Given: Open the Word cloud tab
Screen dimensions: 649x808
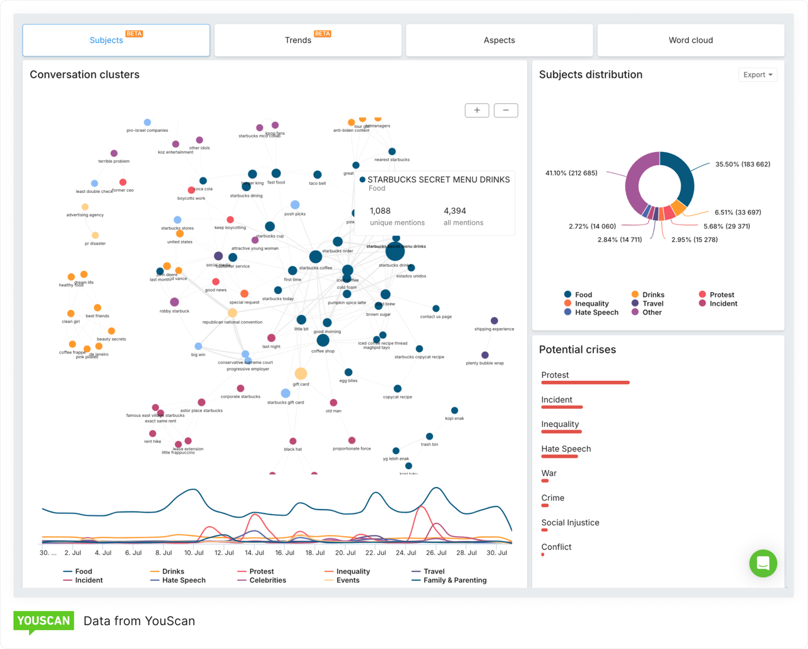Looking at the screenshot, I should click(691, 40).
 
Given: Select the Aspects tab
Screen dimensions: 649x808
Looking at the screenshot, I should click(499, 40).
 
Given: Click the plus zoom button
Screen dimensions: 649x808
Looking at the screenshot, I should click(477, 110).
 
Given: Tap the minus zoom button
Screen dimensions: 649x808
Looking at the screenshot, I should click(506, 110).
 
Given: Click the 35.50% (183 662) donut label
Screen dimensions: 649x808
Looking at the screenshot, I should click(742, 164).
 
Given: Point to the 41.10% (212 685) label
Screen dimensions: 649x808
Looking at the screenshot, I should click(571, 173).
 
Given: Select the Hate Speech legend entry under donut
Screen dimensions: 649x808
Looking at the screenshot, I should click(596, 312).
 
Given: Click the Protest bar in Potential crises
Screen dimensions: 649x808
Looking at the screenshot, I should click(585, 382).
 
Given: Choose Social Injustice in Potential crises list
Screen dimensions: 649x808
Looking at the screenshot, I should click(570, 522).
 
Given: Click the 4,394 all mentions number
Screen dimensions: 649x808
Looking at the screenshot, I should click(454, 211).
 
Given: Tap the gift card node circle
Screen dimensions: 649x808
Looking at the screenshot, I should click(301, 374).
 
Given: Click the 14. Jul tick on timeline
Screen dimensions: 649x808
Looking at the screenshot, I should click(254, 553).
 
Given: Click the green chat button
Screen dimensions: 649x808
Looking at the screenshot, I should click(763, 563).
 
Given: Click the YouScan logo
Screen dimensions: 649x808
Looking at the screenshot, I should click(44, 621).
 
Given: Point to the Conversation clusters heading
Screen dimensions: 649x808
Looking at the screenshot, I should click(85, 74).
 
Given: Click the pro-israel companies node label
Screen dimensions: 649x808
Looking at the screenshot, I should click(147, 131).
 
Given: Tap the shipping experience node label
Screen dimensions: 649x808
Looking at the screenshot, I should click(494, 329).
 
